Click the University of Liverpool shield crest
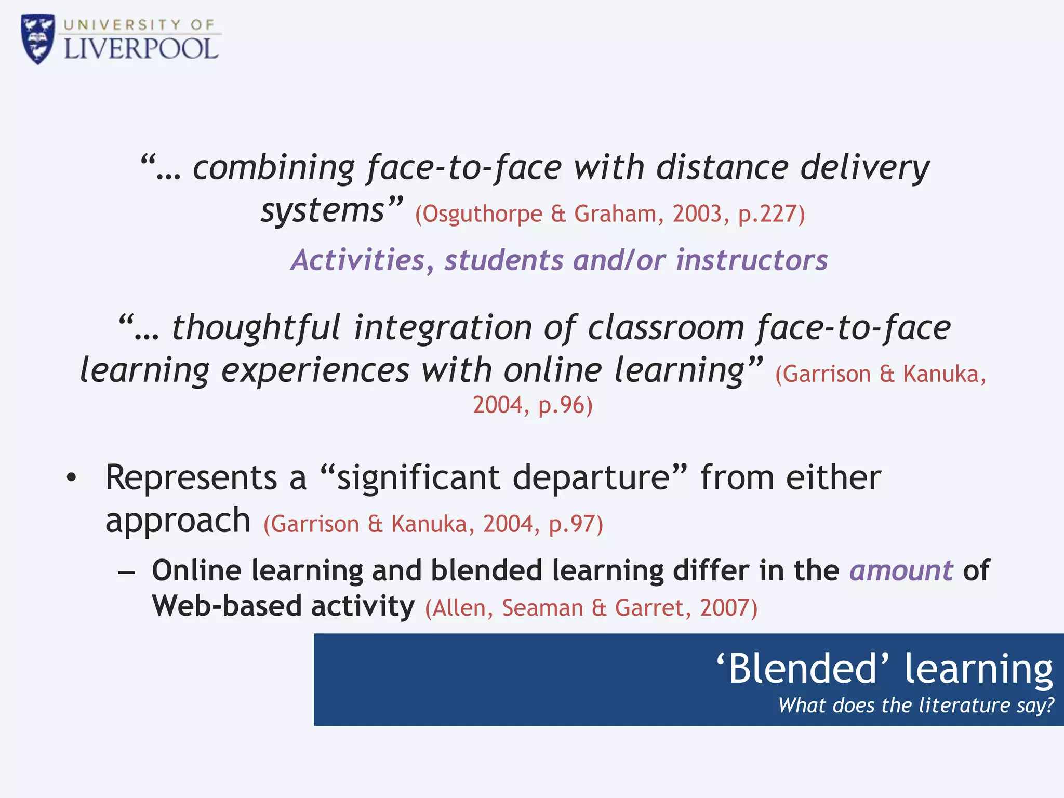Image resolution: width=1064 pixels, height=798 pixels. click(37, 39)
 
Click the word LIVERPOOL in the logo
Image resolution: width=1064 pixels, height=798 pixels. click(141, 50)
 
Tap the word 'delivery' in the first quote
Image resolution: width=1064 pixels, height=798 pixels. click(865, 168)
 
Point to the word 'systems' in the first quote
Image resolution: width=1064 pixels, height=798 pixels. click(322, 211)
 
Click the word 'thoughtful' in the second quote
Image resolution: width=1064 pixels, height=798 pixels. click(256, 328)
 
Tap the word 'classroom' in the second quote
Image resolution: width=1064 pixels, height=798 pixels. click(666, 328)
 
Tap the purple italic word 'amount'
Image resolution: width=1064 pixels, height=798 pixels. click(901, 571)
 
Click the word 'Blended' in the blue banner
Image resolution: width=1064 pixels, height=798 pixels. click(803, 669)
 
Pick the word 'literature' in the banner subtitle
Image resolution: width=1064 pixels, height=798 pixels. click(964, 706)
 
